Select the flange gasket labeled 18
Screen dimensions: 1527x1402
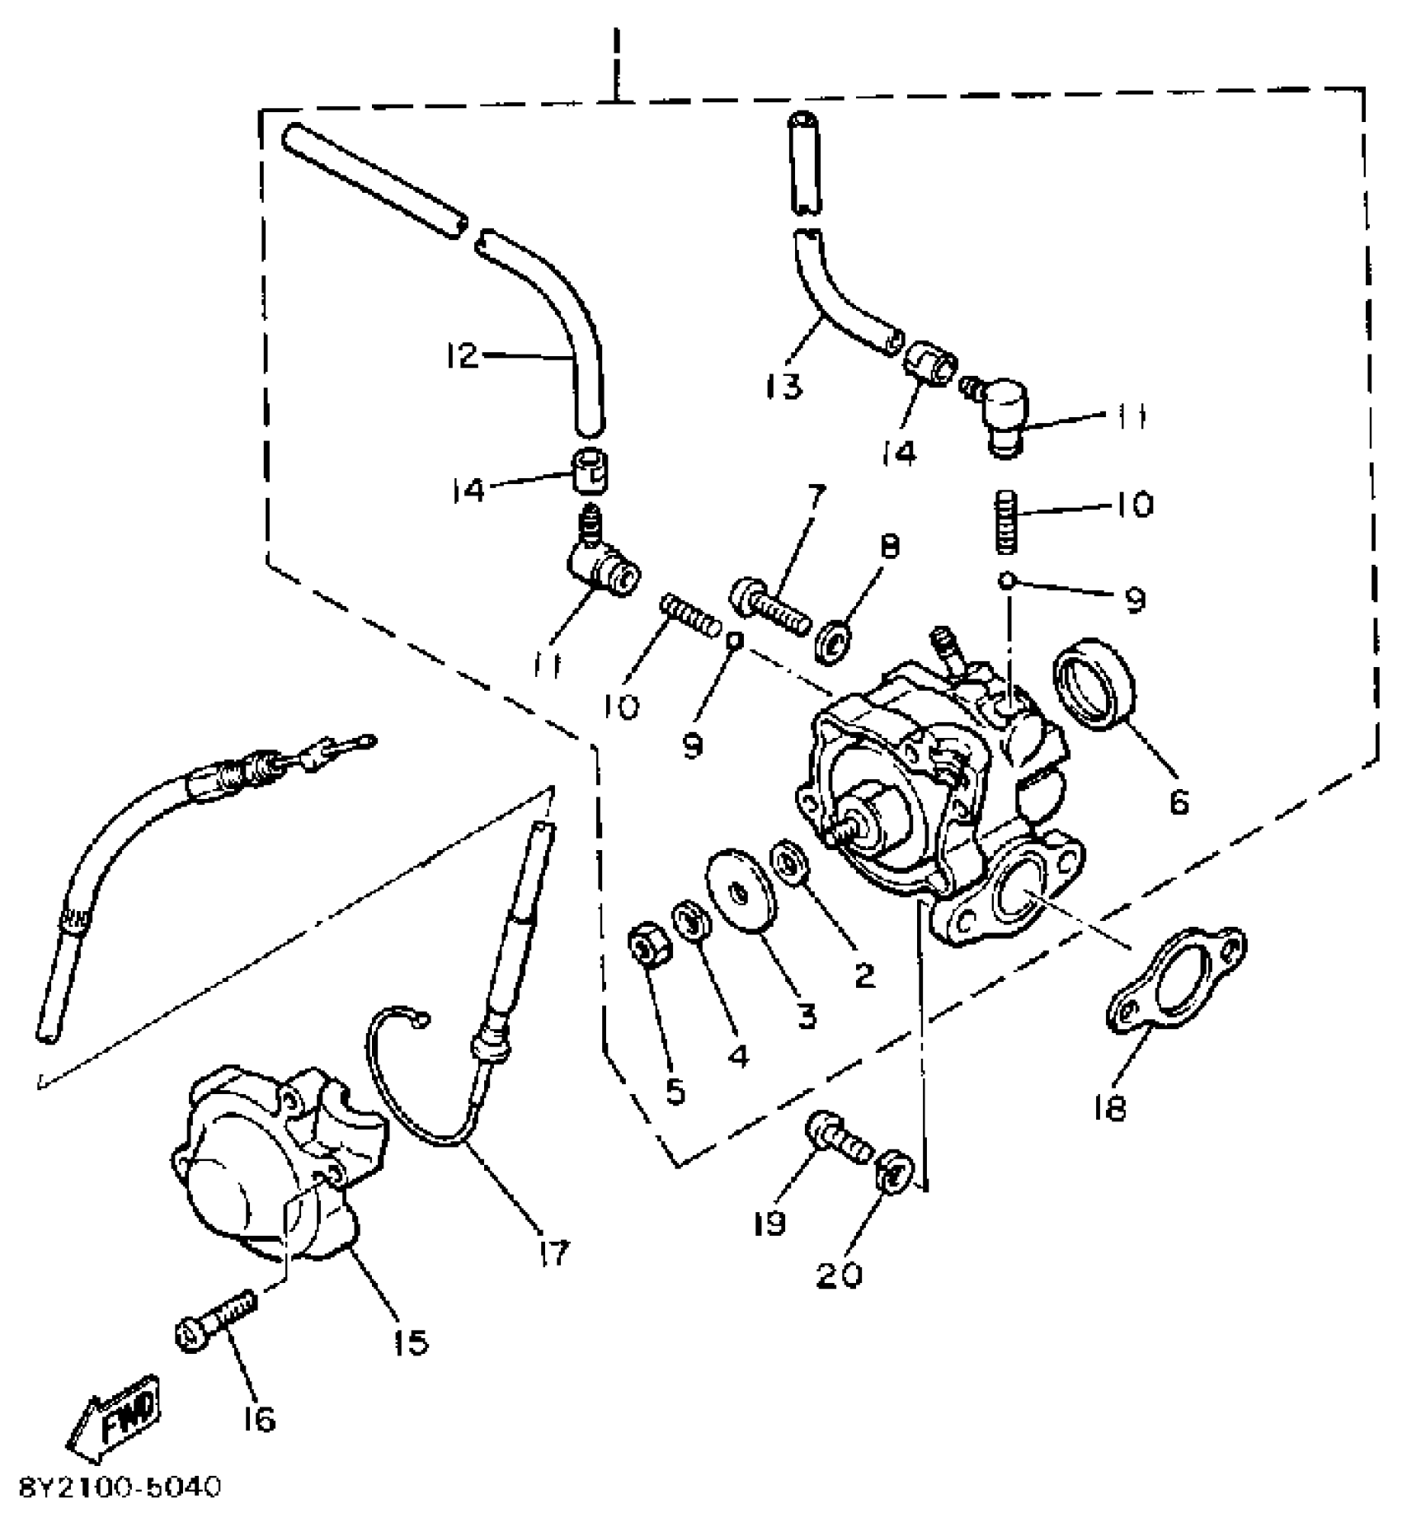coord(1176,980)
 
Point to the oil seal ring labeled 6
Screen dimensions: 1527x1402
coord(1095,683)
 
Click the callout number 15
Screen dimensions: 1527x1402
coord(411,1343)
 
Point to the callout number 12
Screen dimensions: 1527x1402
coord(462,356)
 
